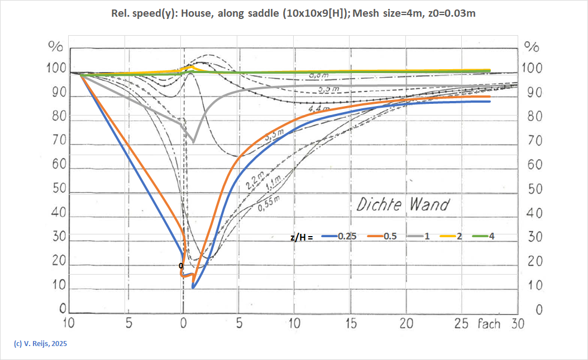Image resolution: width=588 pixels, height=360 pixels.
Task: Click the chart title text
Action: coord(294,13)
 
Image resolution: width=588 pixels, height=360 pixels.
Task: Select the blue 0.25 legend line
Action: coord(338,236)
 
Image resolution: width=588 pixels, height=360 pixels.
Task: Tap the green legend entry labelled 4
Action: coord(484,236)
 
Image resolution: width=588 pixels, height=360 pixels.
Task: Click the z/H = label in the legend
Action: coord(302,237)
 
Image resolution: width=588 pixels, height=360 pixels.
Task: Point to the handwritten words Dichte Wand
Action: coord(402,204)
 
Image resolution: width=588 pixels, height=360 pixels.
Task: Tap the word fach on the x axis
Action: coord(490,324)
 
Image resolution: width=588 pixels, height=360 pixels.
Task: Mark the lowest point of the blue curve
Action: coord(193,287)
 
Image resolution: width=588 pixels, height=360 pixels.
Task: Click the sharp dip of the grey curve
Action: coord(193,142)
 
